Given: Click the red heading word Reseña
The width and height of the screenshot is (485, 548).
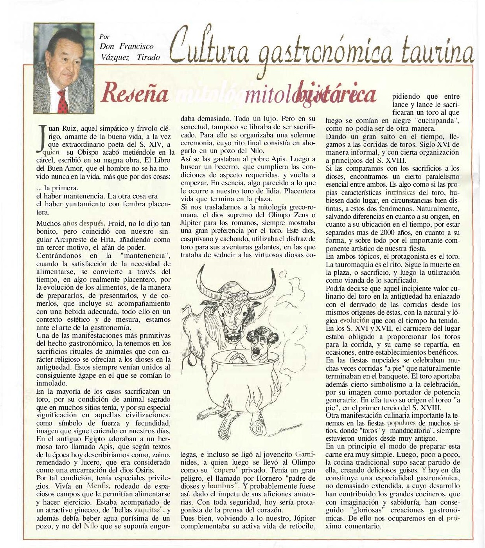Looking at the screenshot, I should pyautogui.click(x=135, y=93).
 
